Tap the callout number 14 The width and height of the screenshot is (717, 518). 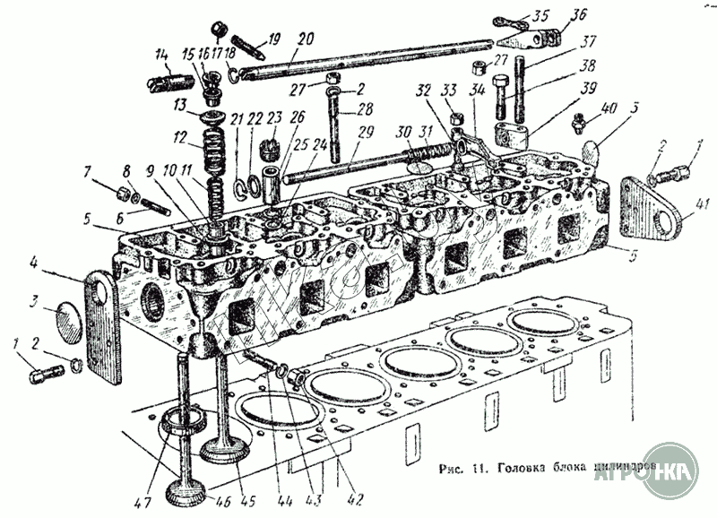[162, 55]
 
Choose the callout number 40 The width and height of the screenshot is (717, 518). [609, 108]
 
